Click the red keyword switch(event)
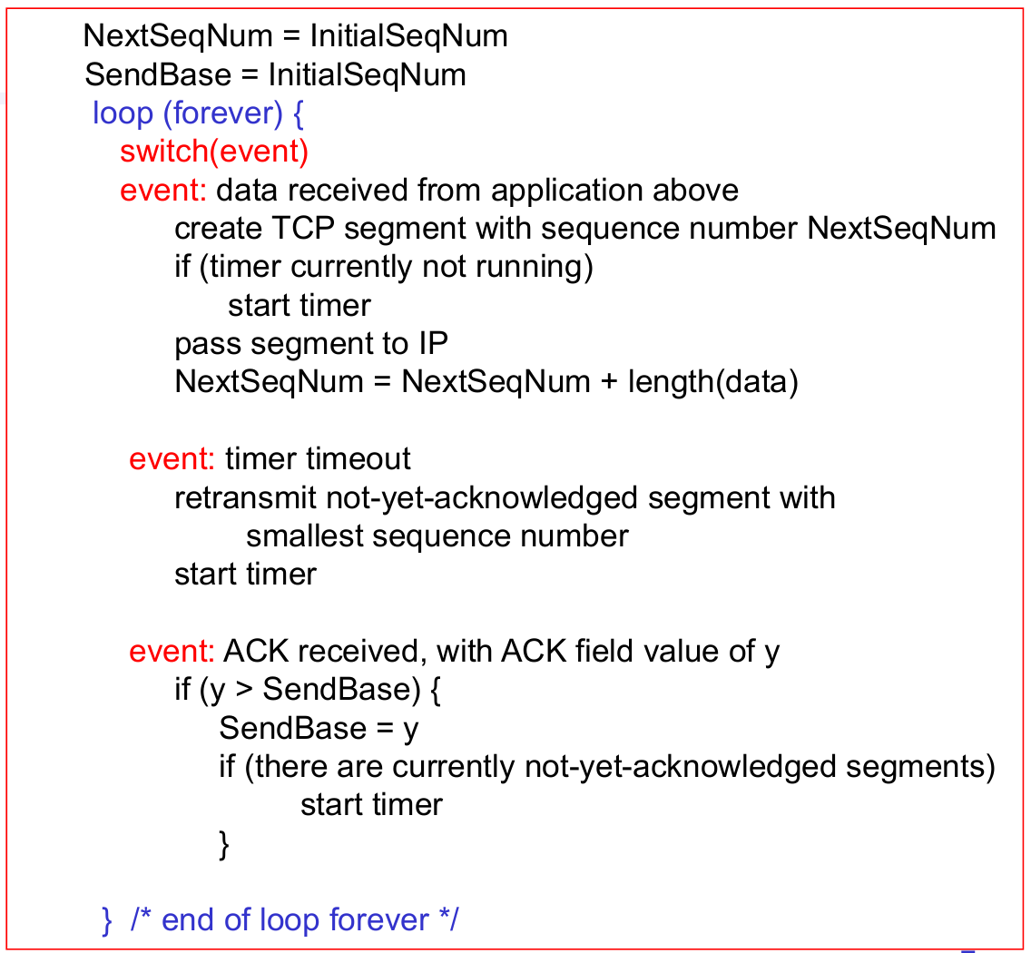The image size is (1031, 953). (x=214, y=151)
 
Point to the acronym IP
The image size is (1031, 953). (x=433, y=343)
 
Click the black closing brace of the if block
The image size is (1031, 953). (x=224, y=845)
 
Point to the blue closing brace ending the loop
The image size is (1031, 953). (x=107, y=920)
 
